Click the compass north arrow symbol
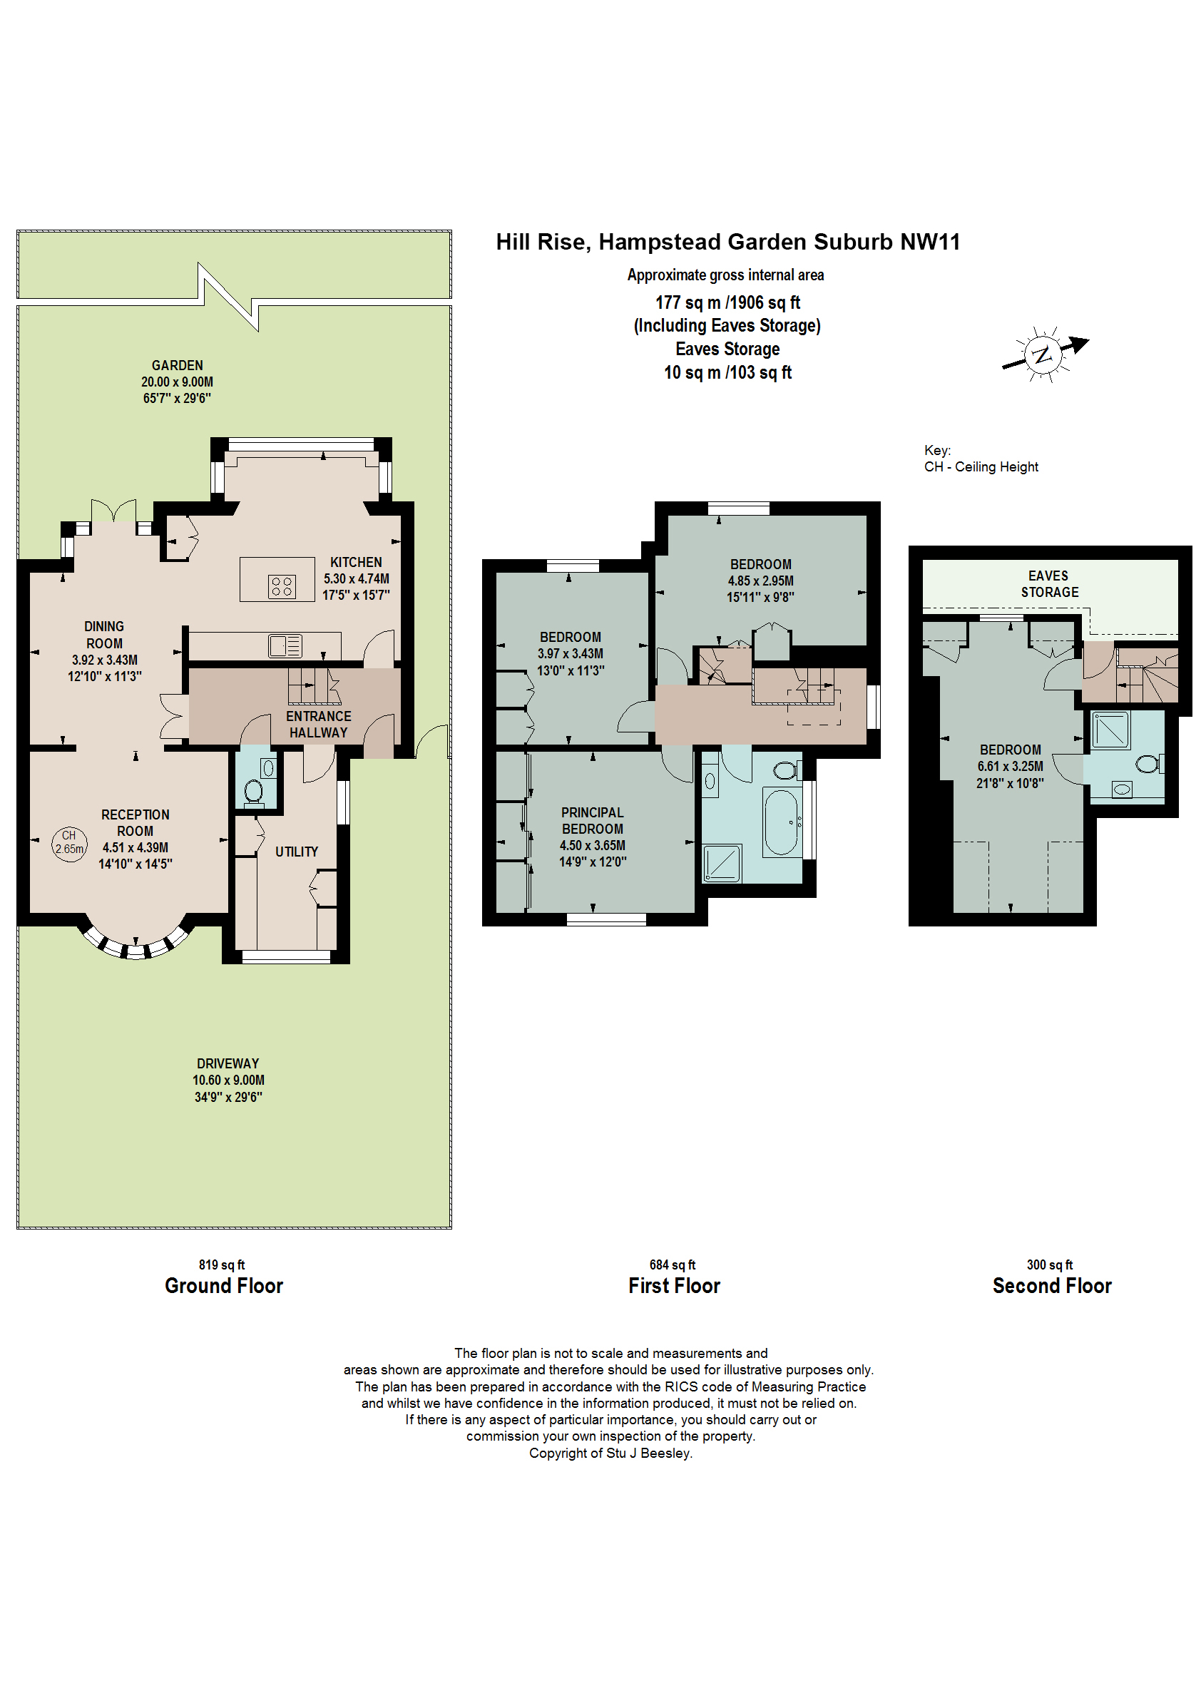[x=1043, y=354]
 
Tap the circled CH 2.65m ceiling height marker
[x=69, y=842]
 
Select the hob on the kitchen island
[x=281, y=586]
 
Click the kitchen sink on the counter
[x=285, y=645]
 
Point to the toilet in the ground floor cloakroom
[x=253, y=791]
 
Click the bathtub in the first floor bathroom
[x=781, y=822]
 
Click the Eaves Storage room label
[x=1048, y=583]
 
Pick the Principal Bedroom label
[x=592, y=820]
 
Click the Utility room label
[x=297, y=852]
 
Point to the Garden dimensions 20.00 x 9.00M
[x=177, y=382]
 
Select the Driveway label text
[x=228, y=1063]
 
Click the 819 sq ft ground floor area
[x=221, y=1264]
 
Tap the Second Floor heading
[x=1051, y=1286]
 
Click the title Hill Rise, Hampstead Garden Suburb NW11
[x=727, y=242]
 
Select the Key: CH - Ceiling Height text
[x=980, y=459]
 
